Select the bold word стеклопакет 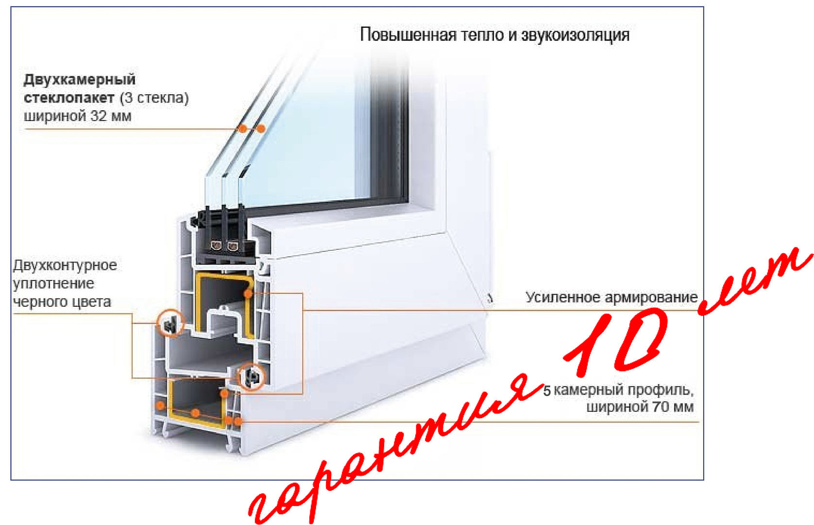(x=69, y=98)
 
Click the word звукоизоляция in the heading (x=575, y=35)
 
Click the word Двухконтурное (x=65, y=265)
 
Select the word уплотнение (x=54, y=284)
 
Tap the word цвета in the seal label (x=91, y=302)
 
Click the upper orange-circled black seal (x=170, y=323)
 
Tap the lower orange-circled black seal (x=252, y=377)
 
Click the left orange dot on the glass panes (x=242, y=128)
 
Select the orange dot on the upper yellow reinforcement (x=248, y=293)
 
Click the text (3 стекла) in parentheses (x=154, y=98)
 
